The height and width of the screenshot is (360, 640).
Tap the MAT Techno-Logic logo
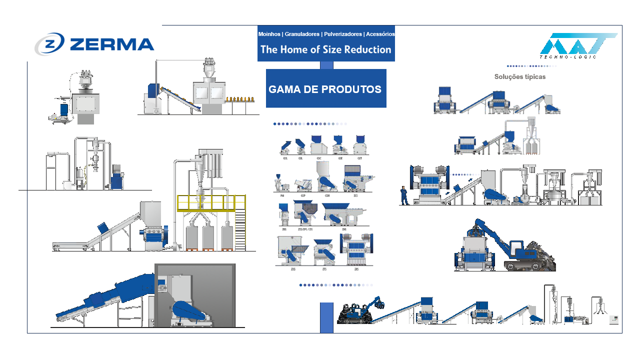(577, 46)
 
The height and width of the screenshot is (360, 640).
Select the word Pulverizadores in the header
(343, 34)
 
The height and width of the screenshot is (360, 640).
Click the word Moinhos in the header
(269, 34)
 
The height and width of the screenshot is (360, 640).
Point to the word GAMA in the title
(287, 89)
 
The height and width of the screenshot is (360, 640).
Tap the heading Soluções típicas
(520, 77)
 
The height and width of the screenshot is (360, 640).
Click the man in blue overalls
(403, 195)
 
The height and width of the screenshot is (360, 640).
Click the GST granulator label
(359, 158)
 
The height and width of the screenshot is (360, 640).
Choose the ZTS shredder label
(323, 269)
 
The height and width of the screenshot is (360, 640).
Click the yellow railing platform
(211, 202)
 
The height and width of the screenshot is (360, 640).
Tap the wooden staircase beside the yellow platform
(240, 230)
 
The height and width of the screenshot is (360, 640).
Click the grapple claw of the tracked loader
(379, 302)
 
